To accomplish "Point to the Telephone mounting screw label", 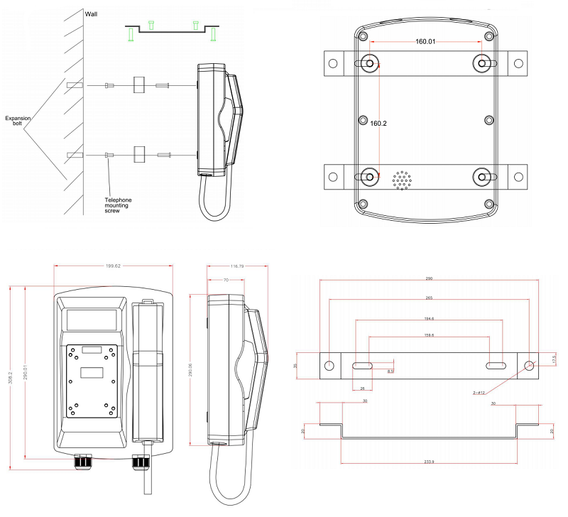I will [x=119, y=205].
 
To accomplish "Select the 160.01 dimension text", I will [x=425, y=42].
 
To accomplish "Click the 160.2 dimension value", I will [x=378, y=123].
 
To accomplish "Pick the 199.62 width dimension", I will [x=113, y=267].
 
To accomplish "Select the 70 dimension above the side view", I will [x=225, y=281].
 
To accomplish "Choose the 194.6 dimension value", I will [x=428, y=319].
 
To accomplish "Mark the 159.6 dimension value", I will [x=428, y=335].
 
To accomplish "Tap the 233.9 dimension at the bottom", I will [x=429, y=462].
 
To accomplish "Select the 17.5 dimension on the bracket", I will [x=557, y=359].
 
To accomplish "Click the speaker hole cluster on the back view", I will [x=403, y=180].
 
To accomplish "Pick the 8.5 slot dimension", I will [x=390, y=371].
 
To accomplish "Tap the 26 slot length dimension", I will [x=363, y=388].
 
